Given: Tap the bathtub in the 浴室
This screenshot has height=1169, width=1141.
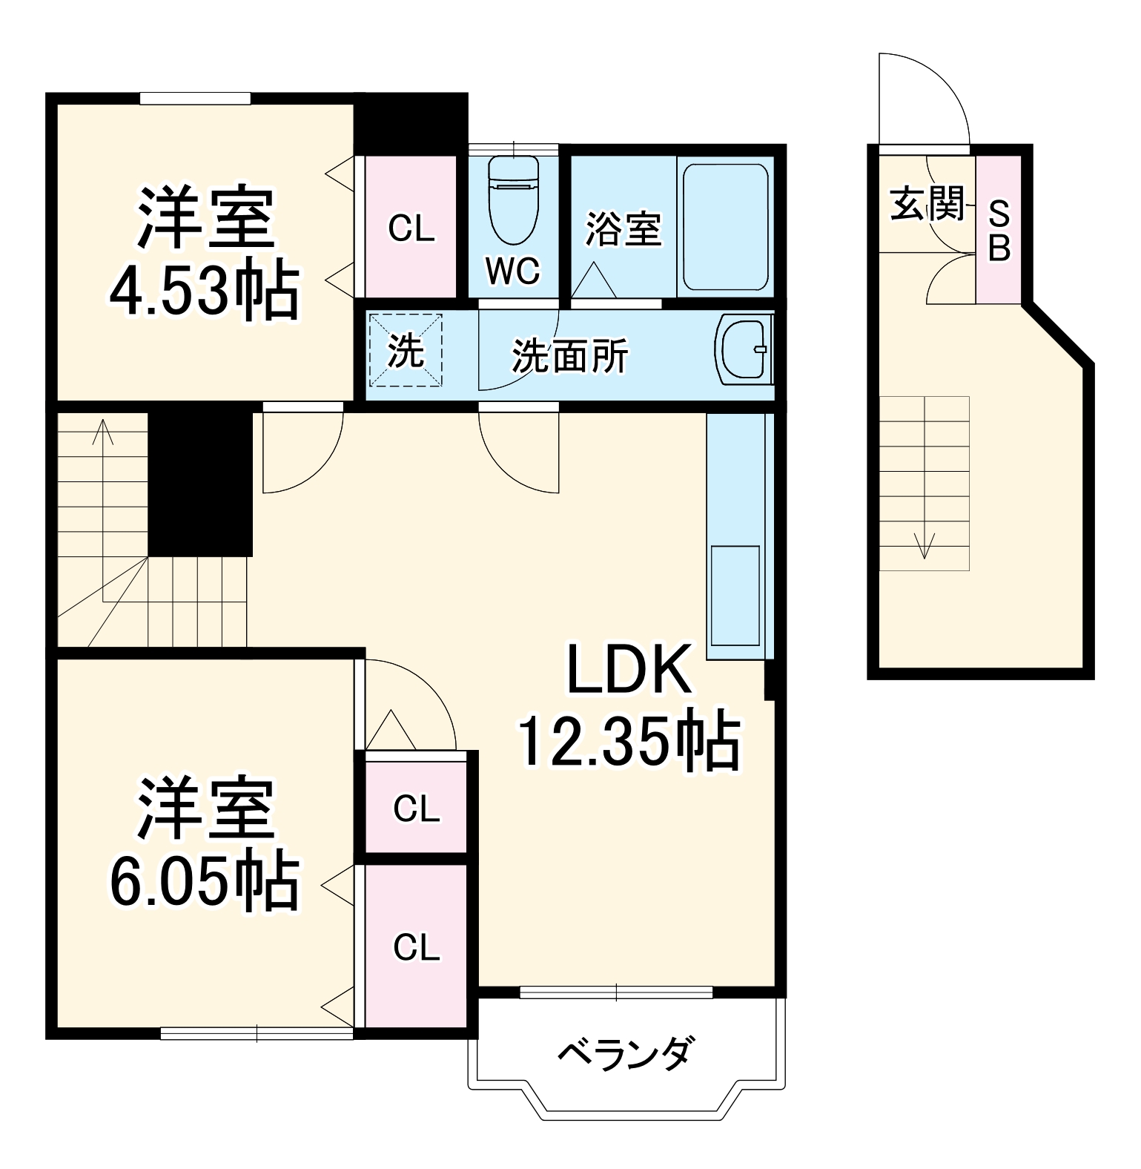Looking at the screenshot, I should (725, 227).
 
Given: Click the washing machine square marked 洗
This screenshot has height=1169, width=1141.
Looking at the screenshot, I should (406, 350).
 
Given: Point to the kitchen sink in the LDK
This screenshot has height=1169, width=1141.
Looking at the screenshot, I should (735, 596).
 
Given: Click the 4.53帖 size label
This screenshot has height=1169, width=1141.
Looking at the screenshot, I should (204, 291).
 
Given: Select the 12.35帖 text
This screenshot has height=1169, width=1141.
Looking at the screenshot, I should (628, 742).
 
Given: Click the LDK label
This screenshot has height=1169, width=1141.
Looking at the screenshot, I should (629, 669).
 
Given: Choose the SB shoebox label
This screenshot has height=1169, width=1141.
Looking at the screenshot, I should (999, 231).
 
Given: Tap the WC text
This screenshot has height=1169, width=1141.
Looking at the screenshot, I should (512, 271).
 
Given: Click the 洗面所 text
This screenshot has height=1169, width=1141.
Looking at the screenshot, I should (569, 356).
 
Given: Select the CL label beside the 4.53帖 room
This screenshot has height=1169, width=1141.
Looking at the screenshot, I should (411, 229).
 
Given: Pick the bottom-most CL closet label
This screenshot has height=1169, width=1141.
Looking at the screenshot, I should (416, 947).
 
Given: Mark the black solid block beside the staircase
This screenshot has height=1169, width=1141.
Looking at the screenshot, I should (200, 482).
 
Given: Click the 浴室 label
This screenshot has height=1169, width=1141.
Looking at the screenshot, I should (623, 228).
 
